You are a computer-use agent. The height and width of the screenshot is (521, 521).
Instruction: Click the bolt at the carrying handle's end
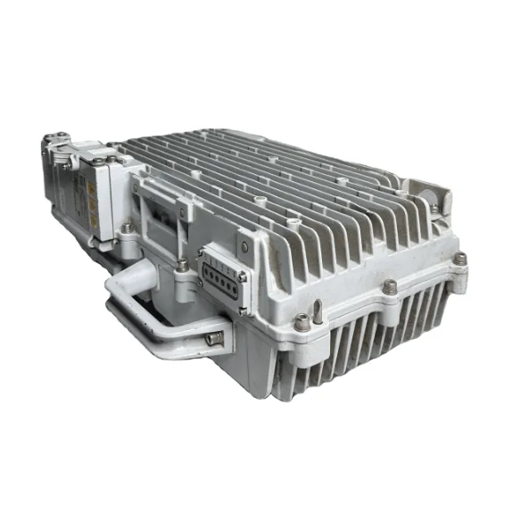[213, 338]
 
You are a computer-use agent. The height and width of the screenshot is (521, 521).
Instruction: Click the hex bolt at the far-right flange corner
[459, 258]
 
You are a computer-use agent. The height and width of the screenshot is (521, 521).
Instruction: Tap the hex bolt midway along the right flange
[390, 286]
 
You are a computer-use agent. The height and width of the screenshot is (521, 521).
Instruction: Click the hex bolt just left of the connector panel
[183, 264]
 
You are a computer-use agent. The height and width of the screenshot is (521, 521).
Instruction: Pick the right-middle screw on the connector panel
[241, 276]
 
